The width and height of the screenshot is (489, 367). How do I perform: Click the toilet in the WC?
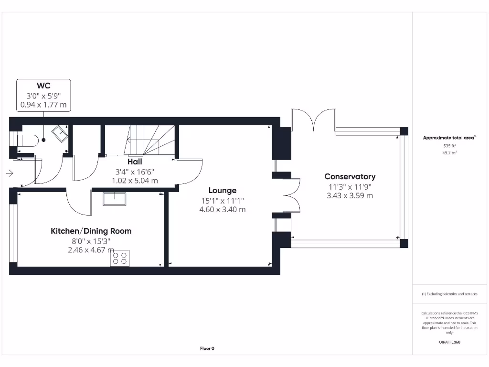point(27,140)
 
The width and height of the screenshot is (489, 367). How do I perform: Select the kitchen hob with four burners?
point(120,258)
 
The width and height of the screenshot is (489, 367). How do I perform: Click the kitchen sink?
point(114,199)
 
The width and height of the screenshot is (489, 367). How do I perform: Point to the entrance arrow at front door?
point(10,174)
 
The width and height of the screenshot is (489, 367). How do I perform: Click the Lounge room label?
point(222,191)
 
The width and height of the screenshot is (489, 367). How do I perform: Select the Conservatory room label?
point(350,177)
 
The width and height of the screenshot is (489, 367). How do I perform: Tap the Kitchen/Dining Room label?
point(91,231)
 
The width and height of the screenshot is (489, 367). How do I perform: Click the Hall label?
point(134,162)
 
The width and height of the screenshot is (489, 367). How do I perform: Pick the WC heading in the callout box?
point(43,86)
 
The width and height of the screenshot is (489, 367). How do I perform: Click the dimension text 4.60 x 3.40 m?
point(222,209)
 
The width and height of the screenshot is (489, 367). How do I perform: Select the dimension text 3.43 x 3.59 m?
point(350,195)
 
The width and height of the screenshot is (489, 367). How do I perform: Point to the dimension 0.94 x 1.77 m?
point(43,105)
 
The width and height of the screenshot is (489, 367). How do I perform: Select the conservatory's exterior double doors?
point(313,119)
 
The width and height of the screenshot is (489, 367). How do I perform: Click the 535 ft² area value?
point(449,145)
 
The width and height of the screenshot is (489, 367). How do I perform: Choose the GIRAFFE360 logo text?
point(449,342)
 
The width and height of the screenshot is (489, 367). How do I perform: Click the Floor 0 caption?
point(207,348)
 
